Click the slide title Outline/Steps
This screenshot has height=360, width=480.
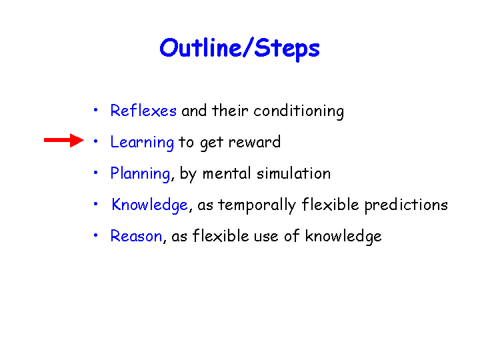click(x=240, y=49)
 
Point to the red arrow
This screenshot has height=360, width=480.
click(x=64, y=140)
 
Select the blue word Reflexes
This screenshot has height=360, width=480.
click(x=143, y=110)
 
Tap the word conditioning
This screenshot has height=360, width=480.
click(x=299, y=111)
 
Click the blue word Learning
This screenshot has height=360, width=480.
click(x=142, y=143)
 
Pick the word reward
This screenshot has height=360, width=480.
click(x=255, y=142)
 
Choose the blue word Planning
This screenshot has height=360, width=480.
click(x=140, y=174)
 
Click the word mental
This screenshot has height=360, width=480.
click(x=227, y=173)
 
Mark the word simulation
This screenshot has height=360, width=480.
click(x=293, y=173)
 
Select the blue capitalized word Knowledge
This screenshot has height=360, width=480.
click(x=150, y=205)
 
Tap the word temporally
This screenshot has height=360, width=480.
click(x=257, y=205)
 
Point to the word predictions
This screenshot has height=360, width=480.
click(x=406, y=205)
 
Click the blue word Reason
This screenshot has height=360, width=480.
click(x=136, y=236)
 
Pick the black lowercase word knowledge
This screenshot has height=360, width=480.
click(x=343, y=237)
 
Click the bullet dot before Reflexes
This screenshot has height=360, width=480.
click(x=95, y=109)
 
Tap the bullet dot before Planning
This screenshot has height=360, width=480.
click(x=95, y=173)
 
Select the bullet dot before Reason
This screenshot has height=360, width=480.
click(x=95, y=235)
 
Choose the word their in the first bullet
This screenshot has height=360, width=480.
click(x=230, y=110)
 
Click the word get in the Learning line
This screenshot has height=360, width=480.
click(x=211, y=143)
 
